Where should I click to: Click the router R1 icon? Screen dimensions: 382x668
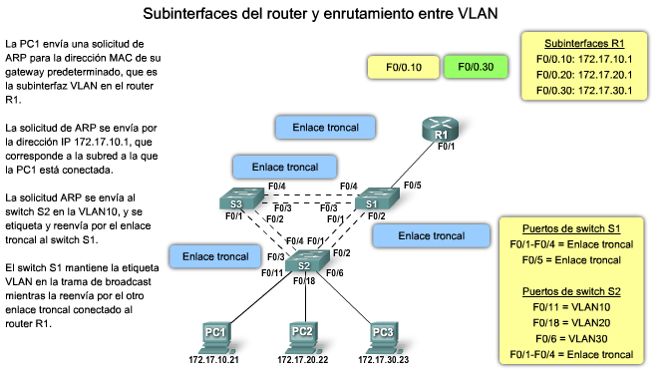click(x=439, y=131)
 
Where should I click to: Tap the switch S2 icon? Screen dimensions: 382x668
click(x=304, y=263)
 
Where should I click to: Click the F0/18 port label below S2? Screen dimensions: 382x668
click(x=305, y=282)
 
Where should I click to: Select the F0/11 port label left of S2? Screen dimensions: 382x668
click(x=272, y=271)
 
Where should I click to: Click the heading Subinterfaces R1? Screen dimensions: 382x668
click(x=584, y=45)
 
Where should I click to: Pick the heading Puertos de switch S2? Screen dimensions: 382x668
click(x=575, y=292)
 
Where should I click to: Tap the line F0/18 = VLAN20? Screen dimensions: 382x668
click(x=575, y=323)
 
